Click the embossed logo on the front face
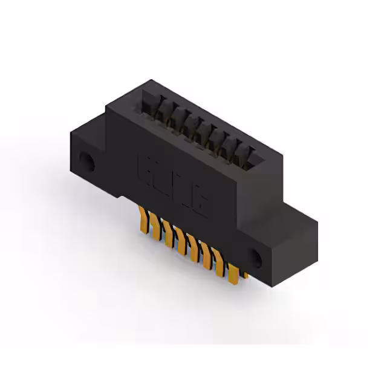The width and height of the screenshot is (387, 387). [x=174, y=183]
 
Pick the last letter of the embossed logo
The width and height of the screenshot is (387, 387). [x=199, y=199]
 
